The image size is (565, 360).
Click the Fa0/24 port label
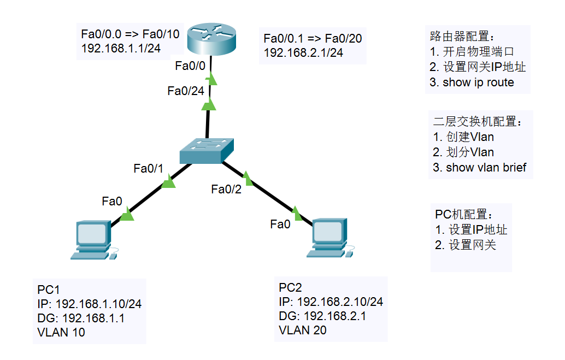(x=186, y=91)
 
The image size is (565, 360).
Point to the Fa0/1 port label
(x=149, y=169)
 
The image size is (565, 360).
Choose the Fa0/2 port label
(x=226, y=190)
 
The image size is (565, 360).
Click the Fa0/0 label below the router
(x=190, y=66)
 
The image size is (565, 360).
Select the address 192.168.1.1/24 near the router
(x=121, y=49)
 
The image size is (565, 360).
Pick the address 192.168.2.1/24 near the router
(x=303, y=53)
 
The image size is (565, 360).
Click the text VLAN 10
(x=61, y=332)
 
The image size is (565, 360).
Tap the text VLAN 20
(x=303, y=330)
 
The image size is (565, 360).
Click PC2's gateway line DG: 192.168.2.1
(x=322, y=316)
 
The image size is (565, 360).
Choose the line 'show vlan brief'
(x=480, y=168)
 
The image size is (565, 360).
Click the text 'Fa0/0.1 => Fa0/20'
(x=313, y=38)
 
